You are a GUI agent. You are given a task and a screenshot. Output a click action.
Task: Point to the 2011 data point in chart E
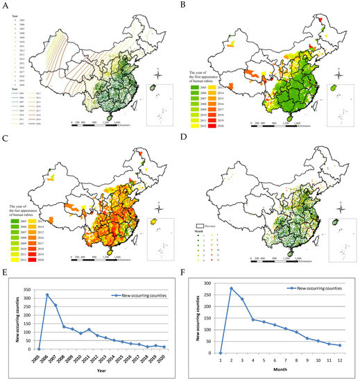click(x=88, y=330)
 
